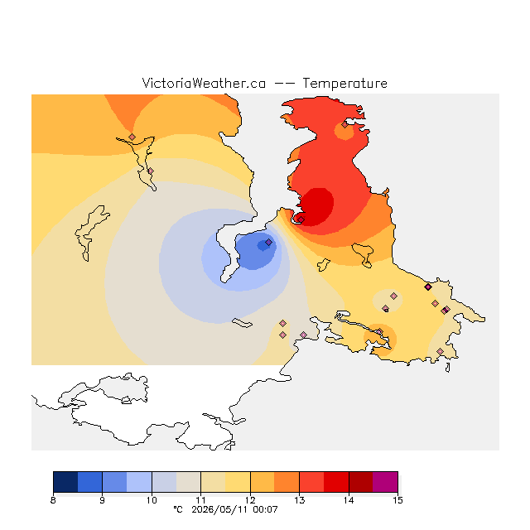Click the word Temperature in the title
[x=344, y=84]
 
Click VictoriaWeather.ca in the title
[x=204, y=84]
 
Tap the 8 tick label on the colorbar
[x=53, y=500]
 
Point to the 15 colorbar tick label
[x=397, y=500]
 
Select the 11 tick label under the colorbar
[x=200, y=500]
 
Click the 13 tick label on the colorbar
[x=299, y=500]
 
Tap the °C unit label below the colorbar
[x=178, y=509]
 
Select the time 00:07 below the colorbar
[x=265, y=509]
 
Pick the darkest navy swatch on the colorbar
[x=65, y=482]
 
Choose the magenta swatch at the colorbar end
[x=385, y=482]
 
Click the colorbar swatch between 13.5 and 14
[x=336, y=482]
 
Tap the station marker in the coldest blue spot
[x=268, y=243]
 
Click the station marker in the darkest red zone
[x=301, y=219]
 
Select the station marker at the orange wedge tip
[x=132, y=137]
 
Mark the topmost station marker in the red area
[x=344, y=125]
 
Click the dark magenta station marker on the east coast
[x=428, y=287]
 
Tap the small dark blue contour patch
[x=264, y=245]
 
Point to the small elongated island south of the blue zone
[x=242, y=323]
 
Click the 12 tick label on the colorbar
[x=250, y=500]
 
